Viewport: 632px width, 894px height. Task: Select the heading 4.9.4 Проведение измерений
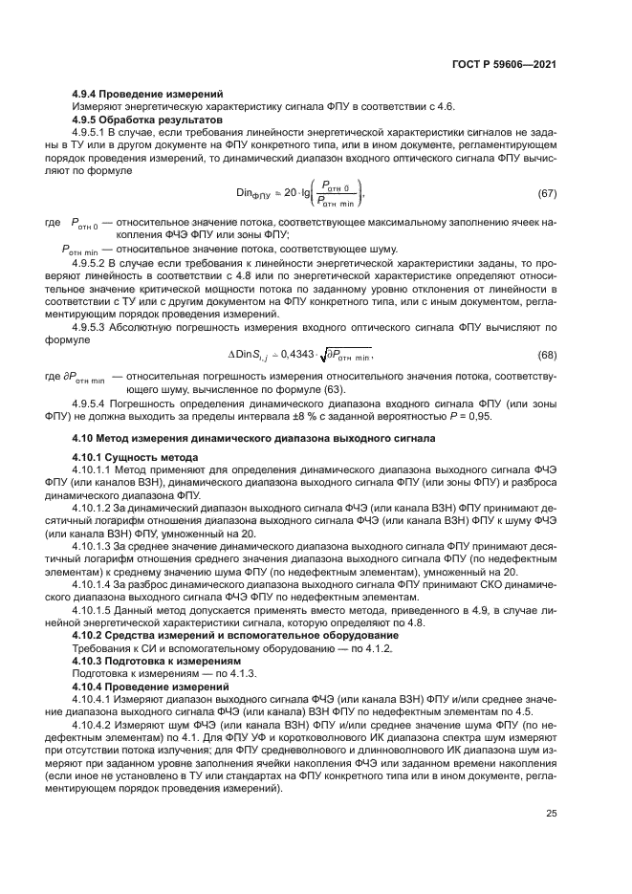click(x=148, y=94)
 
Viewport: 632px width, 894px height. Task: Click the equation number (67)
click(x=547, y=194)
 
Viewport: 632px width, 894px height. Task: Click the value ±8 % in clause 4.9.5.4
click(x=339, y=416)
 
